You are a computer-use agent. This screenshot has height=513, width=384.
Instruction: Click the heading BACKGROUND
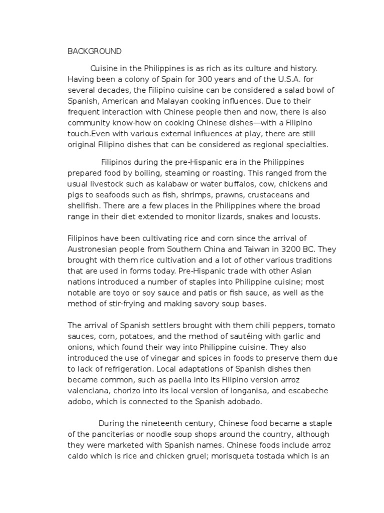tap(94, 51)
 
